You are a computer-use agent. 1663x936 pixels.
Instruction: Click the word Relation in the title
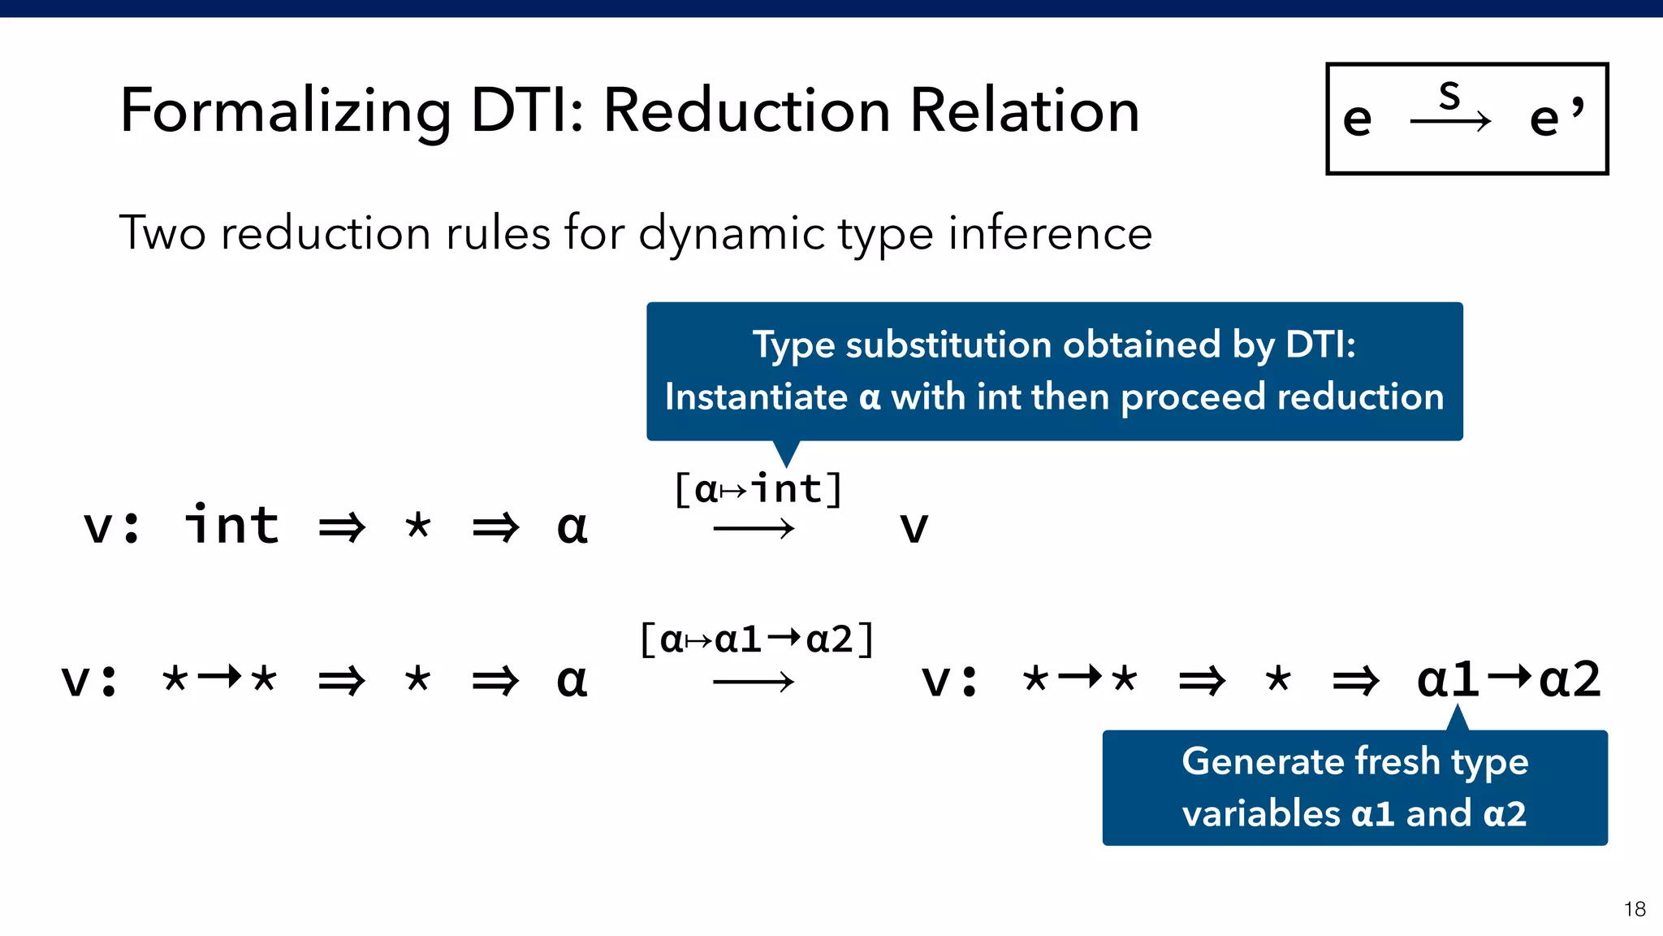tap(1025, 111)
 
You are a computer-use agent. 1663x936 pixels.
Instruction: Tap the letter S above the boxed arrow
tap(1449, 96)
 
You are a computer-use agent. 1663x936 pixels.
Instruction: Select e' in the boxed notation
tap(1555, 118)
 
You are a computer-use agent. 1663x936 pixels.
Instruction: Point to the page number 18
tap(1635, 908)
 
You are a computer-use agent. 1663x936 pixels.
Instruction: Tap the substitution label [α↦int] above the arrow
tap(758, 489)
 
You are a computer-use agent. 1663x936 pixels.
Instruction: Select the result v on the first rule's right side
tap(914, 527)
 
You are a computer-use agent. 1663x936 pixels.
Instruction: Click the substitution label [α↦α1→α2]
tap(757, 639)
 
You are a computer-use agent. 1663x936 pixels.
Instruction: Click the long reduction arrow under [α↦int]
tap(754, 530)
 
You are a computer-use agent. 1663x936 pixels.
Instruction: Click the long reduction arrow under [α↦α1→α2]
tap(754, 682)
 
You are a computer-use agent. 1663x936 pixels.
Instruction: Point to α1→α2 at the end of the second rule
tap(1509, 679)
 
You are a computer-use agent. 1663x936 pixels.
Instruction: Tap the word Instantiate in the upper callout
tap(756, 397)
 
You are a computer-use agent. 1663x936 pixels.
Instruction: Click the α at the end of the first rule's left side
tap(572, 527)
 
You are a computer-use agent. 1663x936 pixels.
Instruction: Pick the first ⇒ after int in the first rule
tap(342, 527)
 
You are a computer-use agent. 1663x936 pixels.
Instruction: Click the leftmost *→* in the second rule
tap(219, 678)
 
